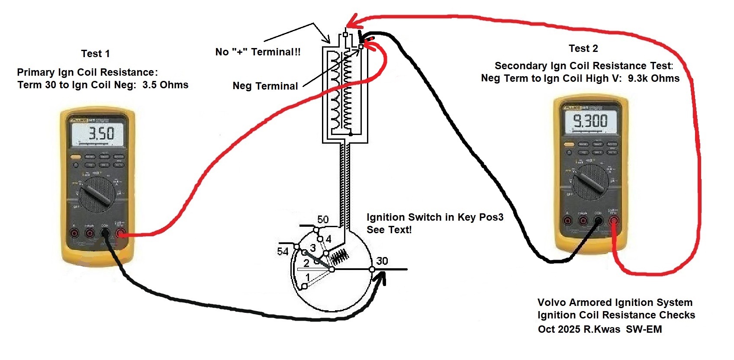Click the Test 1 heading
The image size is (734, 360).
coord(95,54)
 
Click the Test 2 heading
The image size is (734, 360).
coord(583,48)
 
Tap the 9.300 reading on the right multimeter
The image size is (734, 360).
coord(590,121)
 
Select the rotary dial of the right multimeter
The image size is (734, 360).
coord(590,182)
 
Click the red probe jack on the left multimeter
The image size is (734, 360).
coord(121,234)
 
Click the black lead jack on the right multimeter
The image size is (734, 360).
coord(599,222)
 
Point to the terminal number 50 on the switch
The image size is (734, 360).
coord(323,219)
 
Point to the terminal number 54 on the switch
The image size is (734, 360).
coord(283,251)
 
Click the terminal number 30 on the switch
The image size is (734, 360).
coord(382,261)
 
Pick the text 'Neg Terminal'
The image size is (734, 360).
coord(265,86)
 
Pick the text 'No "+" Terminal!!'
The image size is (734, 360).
coord(258,52)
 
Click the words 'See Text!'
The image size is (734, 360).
coord(389,230)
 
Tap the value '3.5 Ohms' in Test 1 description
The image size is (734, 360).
coord(165,85)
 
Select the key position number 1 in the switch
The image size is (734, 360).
coord(308,277)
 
